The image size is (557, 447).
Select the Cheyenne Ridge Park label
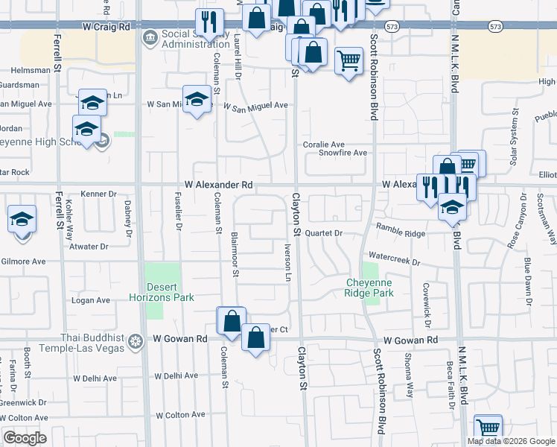(370, 288)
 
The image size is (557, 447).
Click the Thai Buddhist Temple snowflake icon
(136, 341)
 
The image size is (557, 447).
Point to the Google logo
(25, 438)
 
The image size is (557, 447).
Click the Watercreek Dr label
(395, 263)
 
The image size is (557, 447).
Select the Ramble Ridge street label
(400, 233)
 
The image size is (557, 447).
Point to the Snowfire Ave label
(343, 153)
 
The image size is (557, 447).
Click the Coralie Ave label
(323, 144)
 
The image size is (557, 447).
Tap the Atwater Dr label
(88, 246)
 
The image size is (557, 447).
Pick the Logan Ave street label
(91, 300)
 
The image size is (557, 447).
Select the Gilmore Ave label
(23, 261)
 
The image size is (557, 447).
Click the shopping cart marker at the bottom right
(488, 428)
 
